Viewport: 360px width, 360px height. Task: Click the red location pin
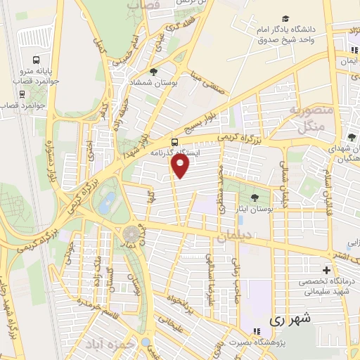pyautogui.click(x=181, y=166)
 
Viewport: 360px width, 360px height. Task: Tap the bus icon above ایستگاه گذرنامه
pyautogui.click(x=174, y=140)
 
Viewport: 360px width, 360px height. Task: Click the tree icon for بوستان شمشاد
pyautogui.click(x=153, y=72)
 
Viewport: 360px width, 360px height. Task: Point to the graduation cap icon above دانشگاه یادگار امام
pyautogui.click(x=285, y=18)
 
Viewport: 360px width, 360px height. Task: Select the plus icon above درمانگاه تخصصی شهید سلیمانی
pyautogui.click(x=326, y=270)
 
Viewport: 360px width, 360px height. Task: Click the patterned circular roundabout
pyautogui.click(x=131, y=235)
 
